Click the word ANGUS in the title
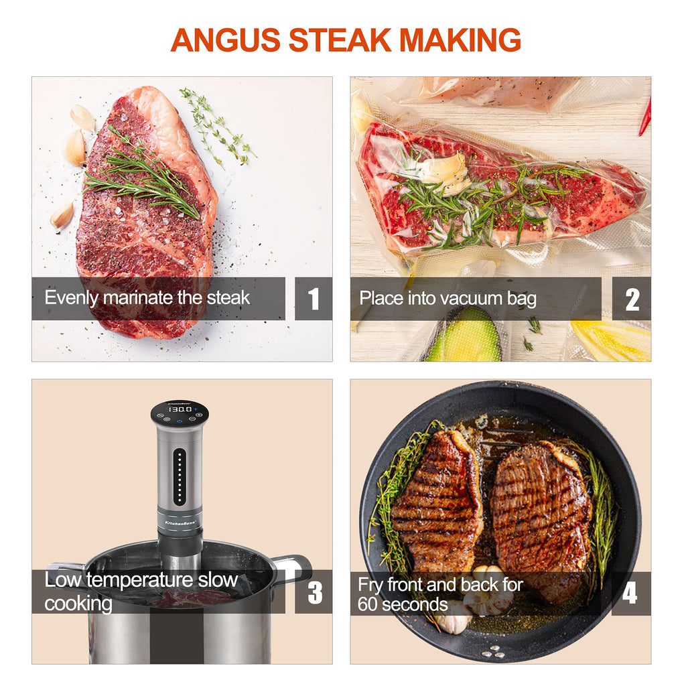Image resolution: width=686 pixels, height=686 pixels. pyautogui.click(x=225, y=40)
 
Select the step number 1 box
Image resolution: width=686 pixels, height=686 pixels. pyautogui.click(x=314, y=299)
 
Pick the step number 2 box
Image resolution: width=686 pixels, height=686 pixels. pyautogui.click(x=631, y=299)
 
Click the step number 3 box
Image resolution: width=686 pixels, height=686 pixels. pyautogui.click(x=314, y=592)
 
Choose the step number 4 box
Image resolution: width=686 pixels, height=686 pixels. pyautogui.click(x=630, y=594)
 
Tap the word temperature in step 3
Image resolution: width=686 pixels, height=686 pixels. pyautogui.click(x=140, y=581)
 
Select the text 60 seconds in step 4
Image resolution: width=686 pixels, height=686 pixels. pyautogui.click(x=403, y=605)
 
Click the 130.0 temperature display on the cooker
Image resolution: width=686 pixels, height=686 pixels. pyautogui.click(x=180, y=409)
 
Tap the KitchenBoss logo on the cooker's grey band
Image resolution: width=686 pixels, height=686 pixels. pyautogui.click(x=180, y=523)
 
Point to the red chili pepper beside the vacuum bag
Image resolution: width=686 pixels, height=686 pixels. pyautogui.click(x=645, y=117)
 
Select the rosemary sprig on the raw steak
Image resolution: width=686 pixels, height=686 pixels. pyautogui.click(x=141, y=175)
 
